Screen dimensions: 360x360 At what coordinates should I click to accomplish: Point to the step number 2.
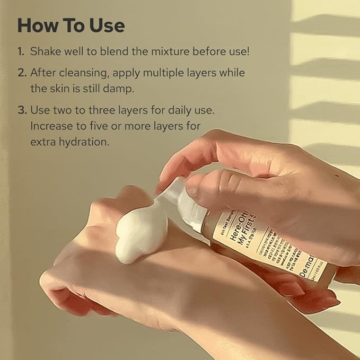pyautogui.click(x=21, y=73)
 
